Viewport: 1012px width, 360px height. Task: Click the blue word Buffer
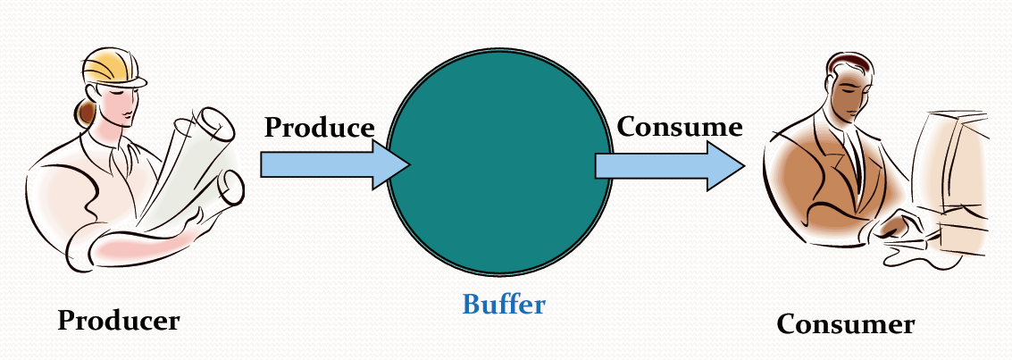[x=503, y=305]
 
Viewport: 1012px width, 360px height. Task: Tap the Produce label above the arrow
[x=319, y=127]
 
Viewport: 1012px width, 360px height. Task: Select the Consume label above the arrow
[x=680, y=127]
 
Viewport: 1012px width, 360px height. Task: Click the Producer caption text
[x=119, y=320]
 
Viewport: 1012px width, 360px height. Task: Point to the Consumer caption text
[x=845, y=323]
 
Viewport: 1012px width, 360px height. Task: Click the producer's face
[x=125, y=103]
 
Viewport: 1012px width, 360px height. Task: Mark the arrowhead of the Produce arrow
[x=391, y=165]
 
